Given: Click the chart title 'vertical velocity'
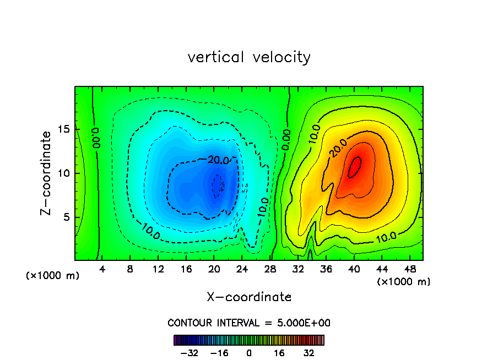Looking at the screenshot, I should pyautogui.click(x=249, y=57).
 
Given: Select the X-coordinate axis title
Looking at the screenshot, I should pyautogui.click(x=249, y=297).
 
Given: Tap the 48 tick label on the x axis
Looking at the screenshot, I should pyautogui.click(x=409, y=270).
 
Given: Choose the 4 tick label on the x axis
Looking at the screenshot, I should pyautogui.click(x=102, y=270).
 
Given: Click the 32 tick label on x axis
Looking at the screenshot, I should pyautogui.click(x=298, y=270).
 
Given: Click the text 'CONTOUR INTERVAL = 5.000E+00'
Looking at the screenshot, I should pyautogui.click(x=249, y=323).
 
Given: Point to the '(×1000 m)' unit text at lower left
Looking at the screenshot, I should pyautogui.click(x=53, y=276).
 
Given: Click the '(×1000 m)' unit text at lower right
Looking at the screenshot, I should pyautogui.click(x=404, y=282).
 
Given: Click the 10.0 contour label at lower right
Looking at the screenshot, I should pyautogui.click(x=386, y=238).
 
